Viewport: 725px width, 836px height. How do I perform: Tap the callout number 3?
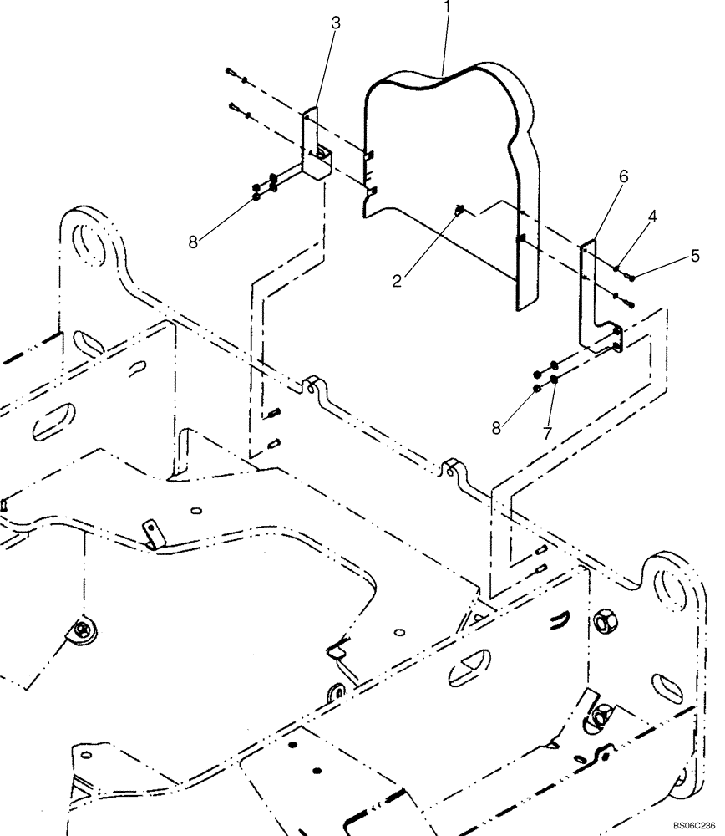[336, 23]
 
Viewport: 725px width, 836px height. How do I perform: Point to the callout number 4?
[651, 217]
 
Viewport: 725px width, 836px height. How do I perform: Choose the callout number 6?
[623, 176]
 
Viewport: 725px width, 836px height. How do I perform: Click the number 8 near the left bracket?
[194, 242]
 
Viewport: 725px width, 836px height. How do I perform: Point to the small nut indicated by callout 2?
[459, 211]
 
